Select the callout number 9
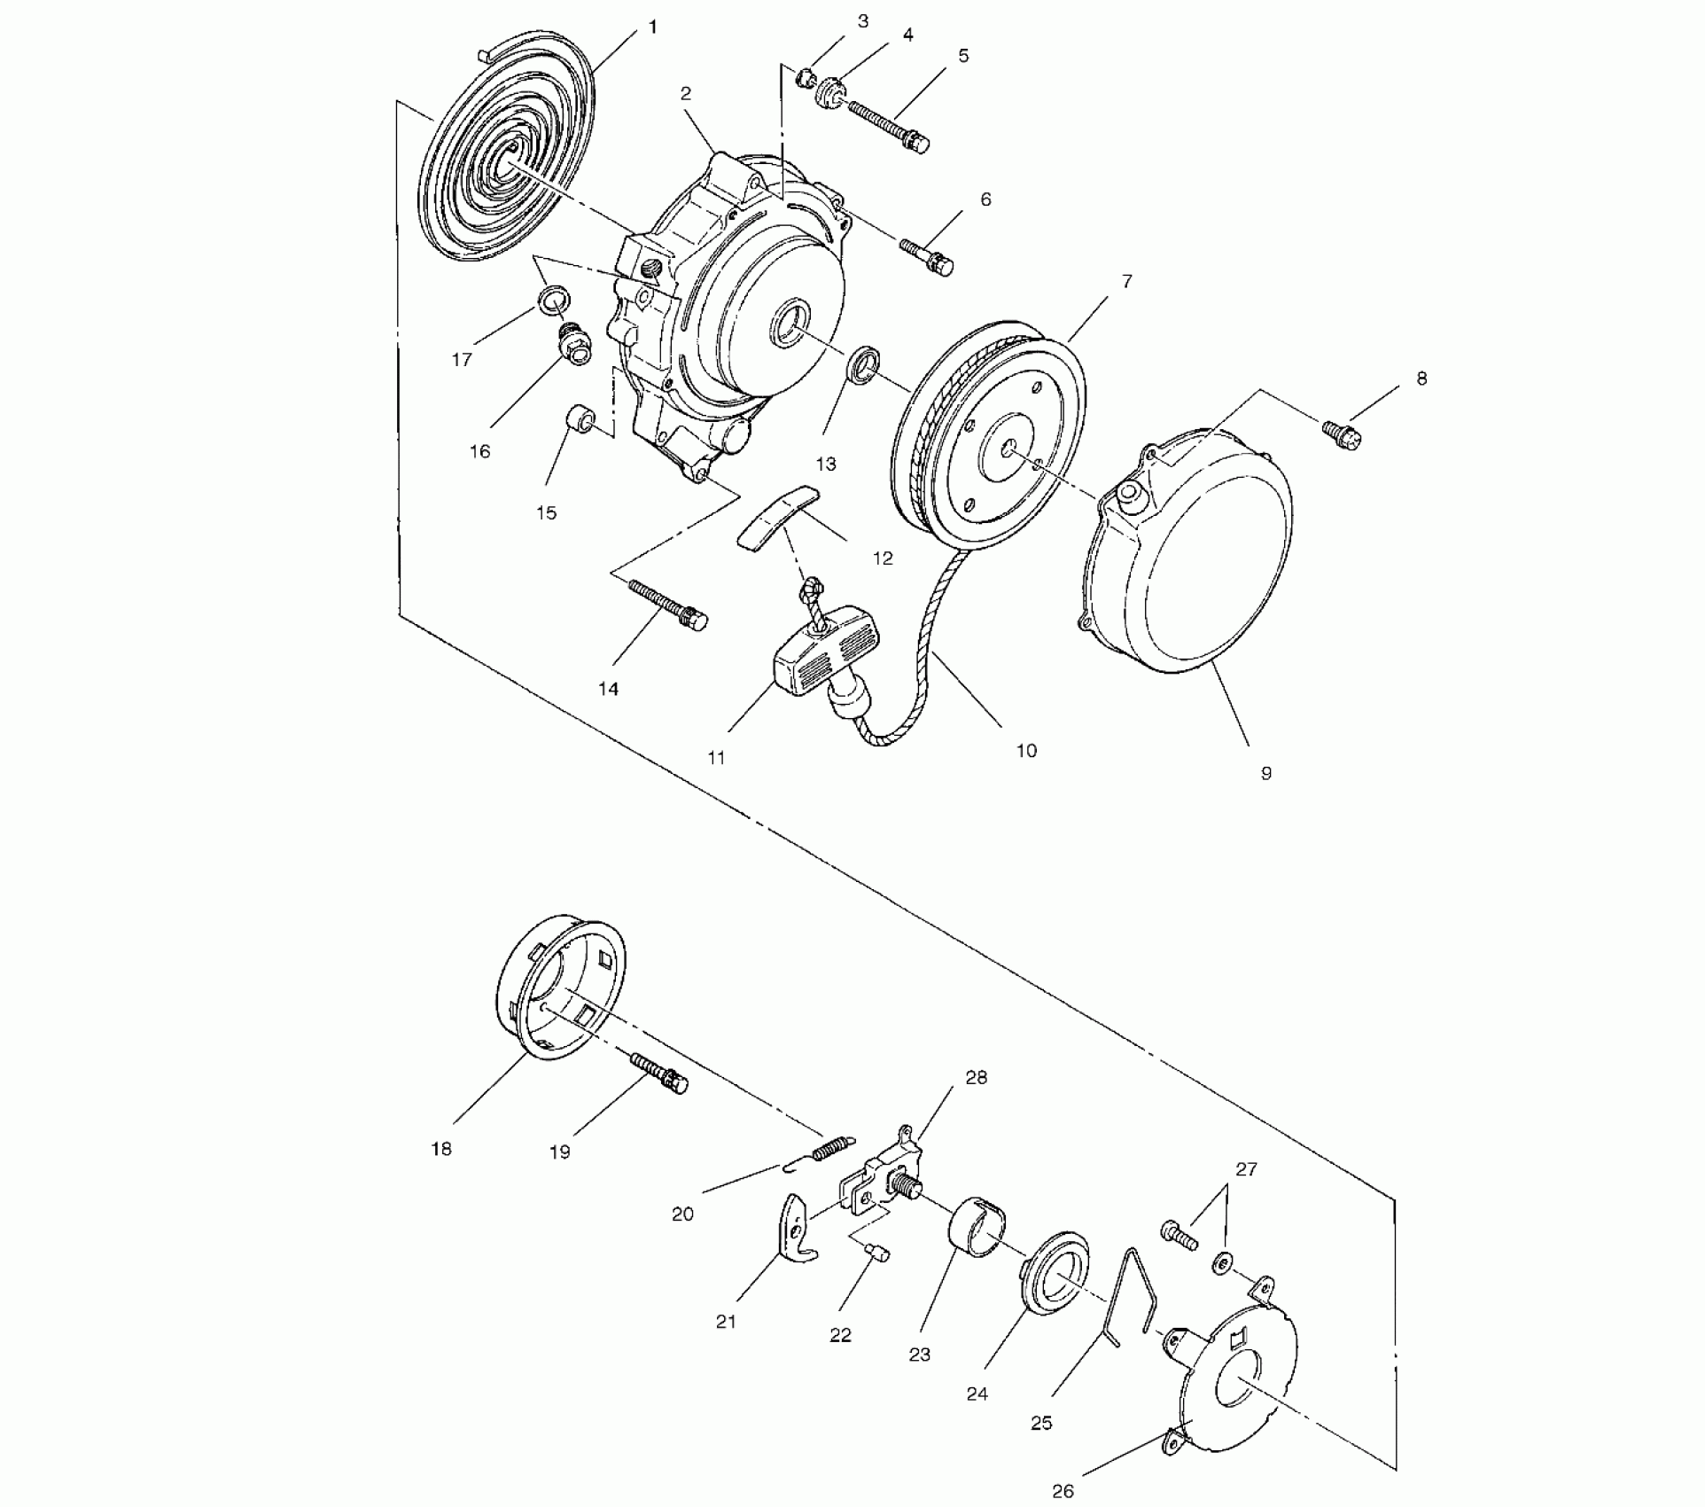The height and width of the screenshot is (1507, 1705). pyautogui.click(x=1265, y=773)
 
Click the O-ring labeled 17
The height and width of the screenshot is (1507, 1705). pyautogui.click(x=554, y=300)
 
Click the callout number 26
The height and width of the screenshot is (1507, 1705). pyautogui.click(x=1063, y=1490)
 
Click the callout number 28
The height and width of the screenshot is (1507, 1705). pyautogui.click(x=976, y=1078)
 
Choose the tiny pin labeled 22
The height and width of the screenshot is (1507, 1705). pyautogui.click(x=876, y=1253)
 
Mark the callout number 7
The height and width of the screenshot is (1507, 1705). pyautogui.click(x=1126, y=281)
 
